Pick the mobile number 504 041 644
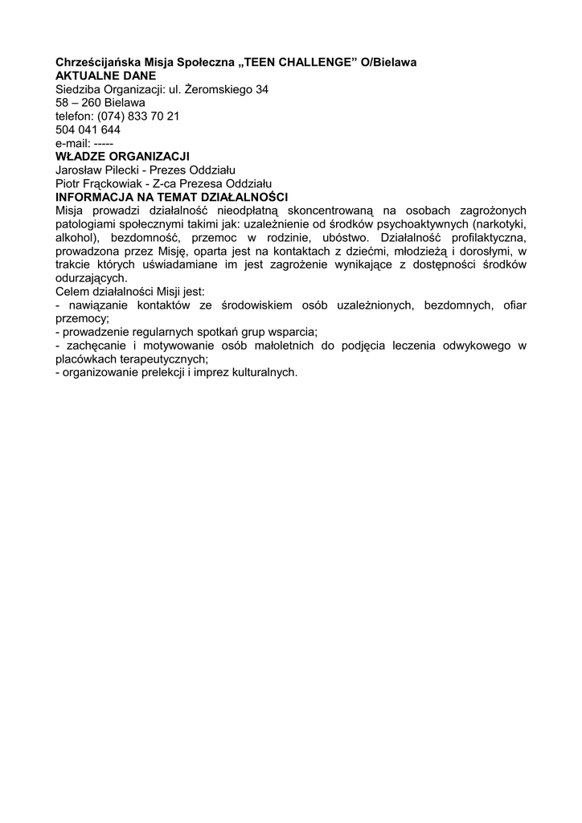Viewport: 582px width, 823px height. [88, 129]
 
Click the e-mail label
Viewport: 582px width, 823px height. [72, 142]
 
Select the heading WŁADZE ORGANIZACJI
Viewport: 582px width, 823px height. [122, 156]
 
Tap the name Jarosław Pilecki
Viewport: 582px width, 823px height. [96, 170]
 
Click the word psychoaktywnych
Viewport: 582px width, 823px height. [425, 224]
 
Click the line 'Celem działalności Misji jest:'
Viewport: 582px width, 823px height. [130, 291]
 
